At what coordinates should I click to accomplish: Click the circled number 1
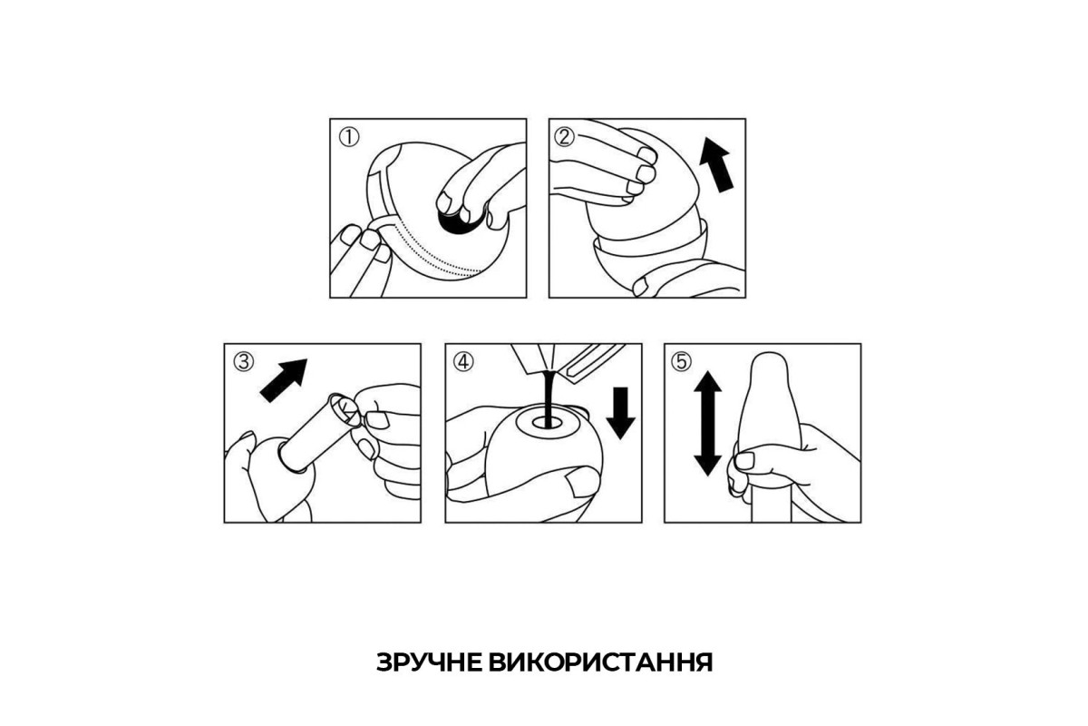349,138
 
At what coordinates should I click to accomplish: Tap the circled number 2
564,137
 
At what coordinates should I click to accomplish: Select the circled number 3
243,362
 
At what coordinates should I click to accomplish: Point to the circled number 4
462,362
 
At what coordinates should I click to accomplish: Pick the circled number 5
682,362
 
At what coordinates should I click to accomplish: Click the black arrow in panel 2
717,164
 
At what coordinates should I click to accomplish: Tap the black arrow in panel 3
284,380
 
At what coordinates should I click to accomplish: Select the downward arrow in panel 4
620,413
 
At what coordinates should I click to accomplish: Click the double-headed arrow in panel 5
708,424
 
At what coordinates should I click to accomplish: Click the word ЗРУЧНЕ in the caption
428,662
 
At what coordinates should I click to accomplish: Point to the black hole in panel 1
457,221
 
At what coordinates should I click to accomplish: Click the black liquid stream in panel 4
549,399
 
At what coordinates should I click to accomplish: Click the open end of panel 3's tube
344,409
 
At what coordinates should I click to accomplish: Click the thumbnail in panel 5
744,460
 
